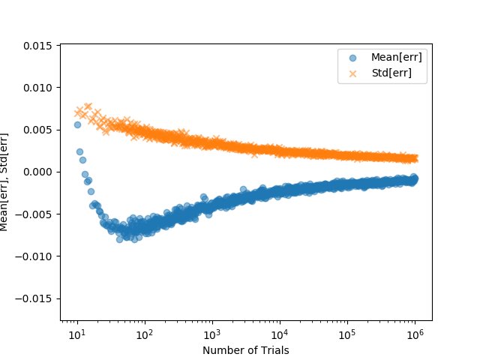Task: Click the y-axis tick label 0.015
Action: (39, 45)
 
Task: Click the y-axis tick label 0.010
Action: (39, 87)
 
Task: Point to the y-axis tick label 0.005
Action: (39, 129)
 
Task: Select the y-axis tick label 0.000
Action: (39, 172)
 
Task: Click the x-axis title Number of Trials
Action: (246, 349)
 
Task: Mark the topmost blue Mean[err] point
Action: (77, 124)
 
